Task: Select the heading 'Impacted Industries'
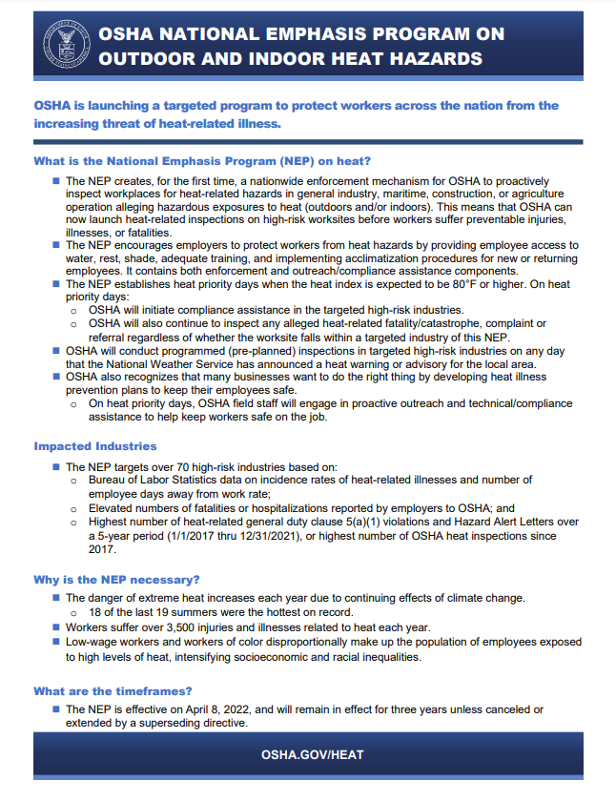95,446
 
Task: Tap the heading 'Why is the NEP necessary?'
116,579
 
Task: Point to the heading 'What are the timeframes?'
113,691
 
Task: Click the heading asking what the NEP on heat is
201,160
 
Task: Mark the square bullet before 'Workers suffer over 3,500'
55,626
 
